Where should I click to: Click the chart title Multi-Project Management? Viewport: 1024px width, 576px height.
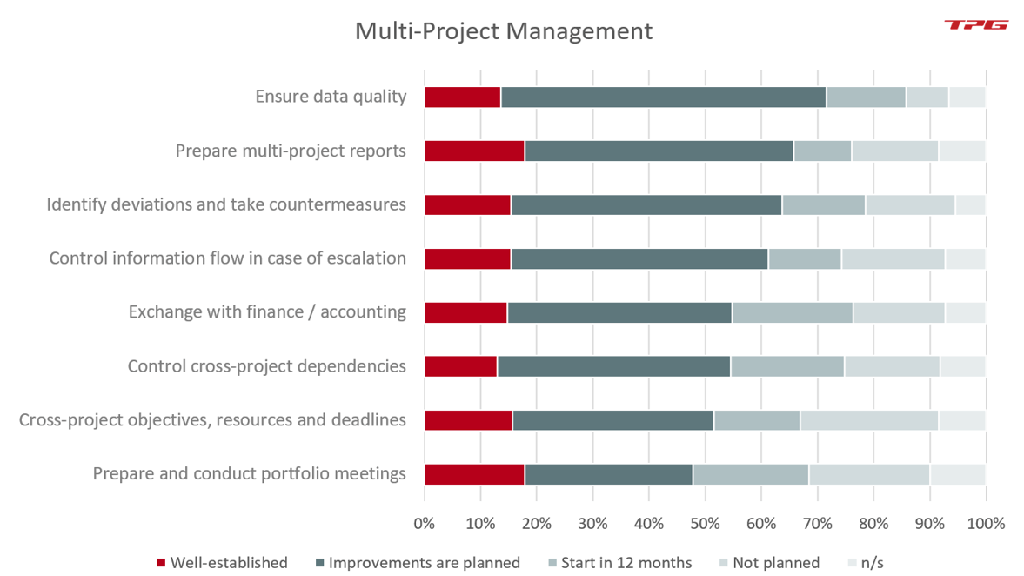pyautogui.click(x=503, y=31)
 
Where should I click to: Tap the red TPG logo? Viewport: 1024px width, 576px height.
pyautogui.click(x=975, y=25)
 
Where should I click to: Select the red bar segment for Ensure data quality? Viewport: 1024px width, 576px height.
pyautogui.click(x=462, y=97)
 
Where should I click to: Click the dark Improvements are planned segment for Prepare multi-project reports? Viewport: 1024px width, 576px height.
pyautogui.click(x=659, y=151)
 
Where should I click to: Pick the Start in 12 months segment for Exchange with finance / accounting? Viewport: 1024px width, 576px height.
pyautogui.click(x=792, y=312)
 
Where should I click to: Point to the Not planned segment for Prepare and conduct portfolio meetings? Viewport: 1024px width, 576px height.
pyautogui.click(x=868, y=474)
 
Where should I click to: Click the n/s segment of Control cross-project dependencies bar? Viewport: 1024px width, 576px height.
pyautogui.click(x=962, y=366)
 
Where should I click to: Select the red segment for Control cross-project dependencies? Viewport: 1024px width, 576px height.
pyautogui.click(x=460, y=366)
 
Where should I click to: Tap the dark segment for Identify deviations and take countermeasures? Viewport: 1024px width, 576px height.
pyautogui.click(x=646, y=205)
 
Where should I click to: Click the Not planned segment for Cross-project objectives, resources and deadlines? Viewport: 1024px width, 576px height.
pyautogui.click(x=868, y=420)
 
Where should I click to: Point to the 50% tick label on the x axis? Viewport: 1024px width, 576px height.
pyautogui.click(x=705, y=524)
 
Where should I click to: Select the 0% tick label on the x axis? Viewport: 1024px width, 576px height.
pyautogui.click(x=425, y=524)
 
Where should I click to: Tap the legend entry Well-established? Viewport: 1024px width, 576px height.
pyautogui.click(x=222, y=563)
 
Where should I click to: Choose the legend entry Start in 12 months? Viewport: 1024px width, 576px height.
pyautogui.click(x=620, y=563)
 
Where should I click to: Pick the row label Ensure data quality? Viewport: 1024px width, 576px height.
pyautogui.click(x=331, y=97)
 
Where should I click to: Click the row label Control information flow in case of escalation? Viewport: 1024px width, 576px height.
pyautogui.click(x=227, y=258)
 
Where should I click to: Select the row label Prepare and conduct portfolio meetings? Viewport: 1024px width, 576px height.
pyautogui.click(x=249, y=474)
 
